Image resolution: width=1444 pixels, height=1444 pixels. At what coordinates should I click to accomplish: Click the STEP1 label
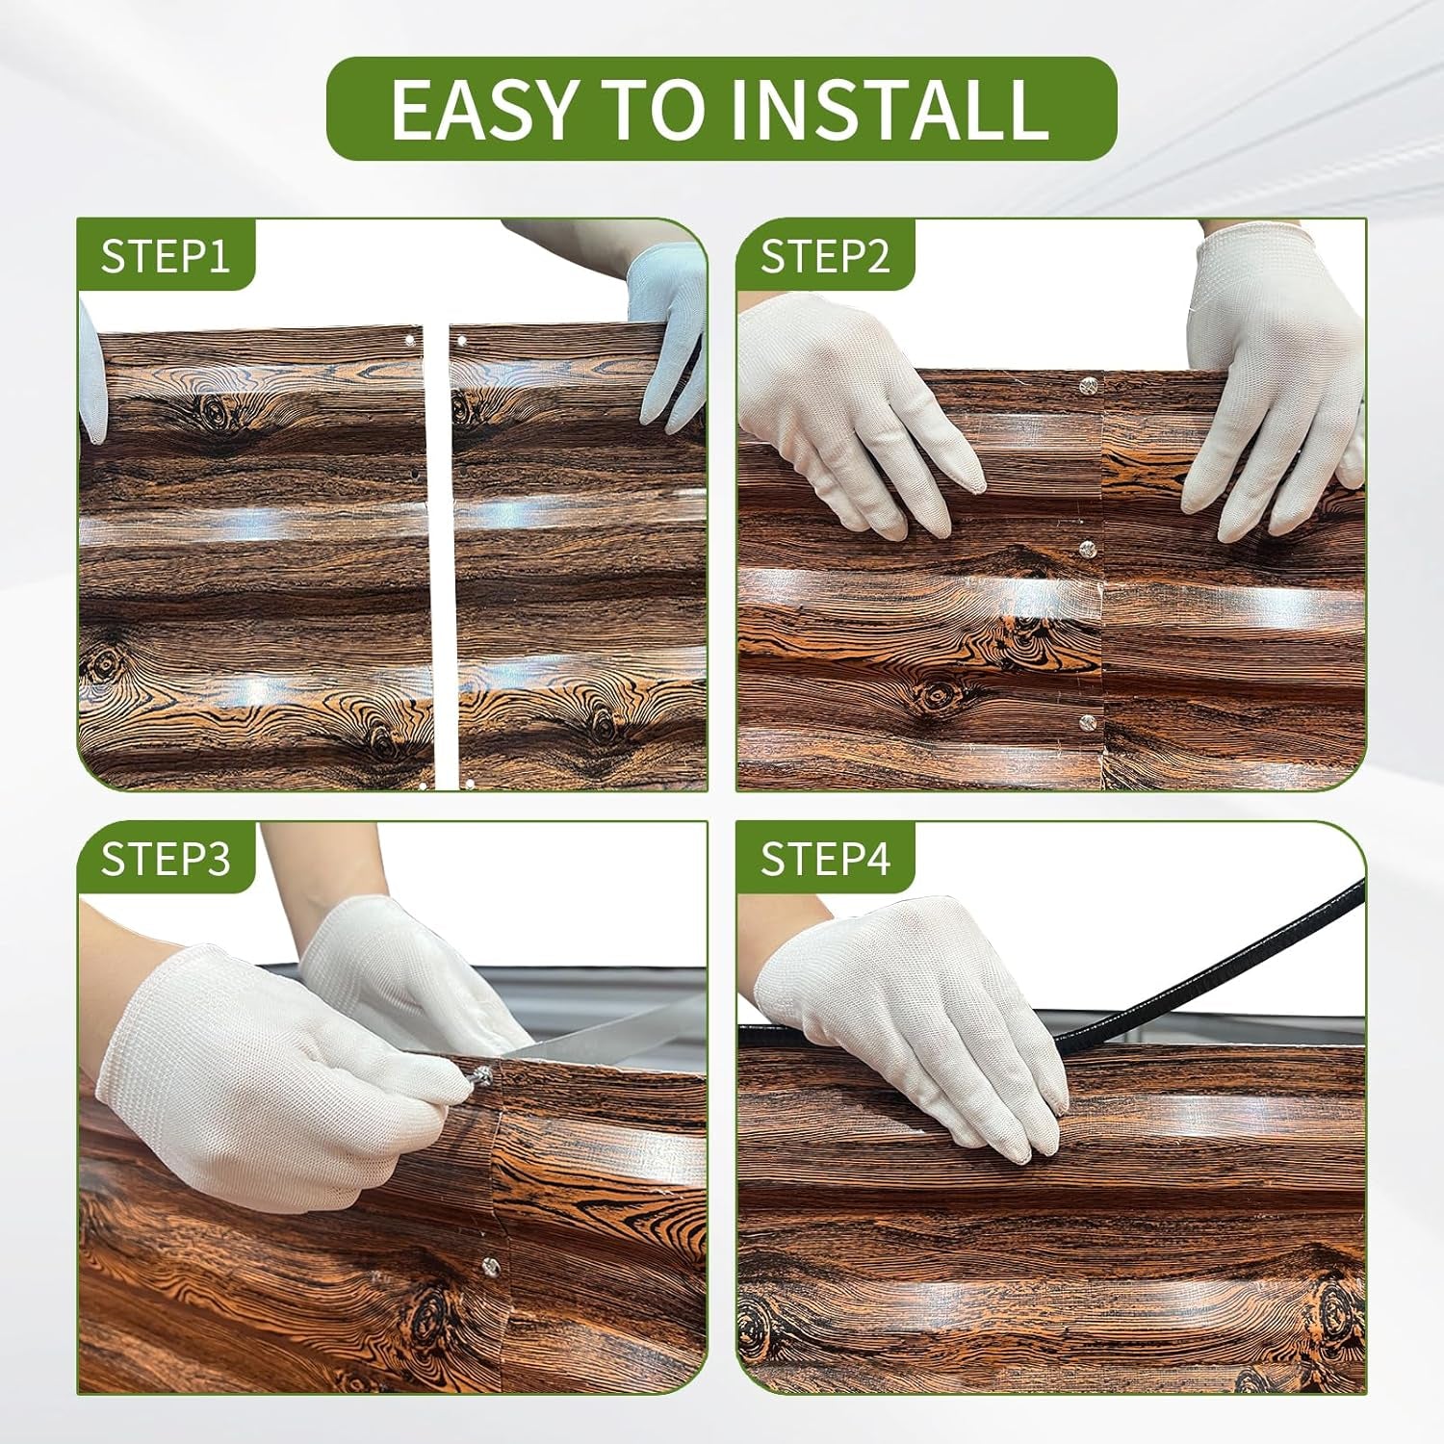point(165,256)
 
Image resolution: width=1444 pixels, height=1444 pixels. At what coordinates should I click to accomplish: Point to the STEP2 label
point(825,256)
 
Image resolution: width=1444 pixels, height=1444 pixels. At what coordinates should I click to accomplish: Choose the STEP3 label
point(166,859)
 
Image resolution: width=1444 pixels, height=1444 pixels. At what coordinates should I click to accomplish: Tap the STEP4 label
point(825,859)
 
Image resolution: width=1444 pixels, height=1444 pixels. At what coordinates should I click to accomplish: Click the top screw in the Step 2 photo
point(1089,387)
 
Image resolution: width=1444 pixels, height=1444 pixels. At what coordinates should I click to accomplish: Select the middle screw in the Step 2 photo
point(1088,550)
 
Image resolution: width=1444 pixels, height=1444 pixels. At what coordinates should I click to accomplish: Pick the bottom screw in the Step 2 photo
point(1088,722)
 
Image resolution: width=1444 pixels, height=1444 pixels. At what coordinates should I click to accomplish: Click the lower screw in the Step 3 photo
point(491,1264)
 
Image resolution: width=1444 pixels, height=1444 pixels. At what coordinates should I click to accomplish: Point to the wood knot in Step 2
point(935,694)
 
